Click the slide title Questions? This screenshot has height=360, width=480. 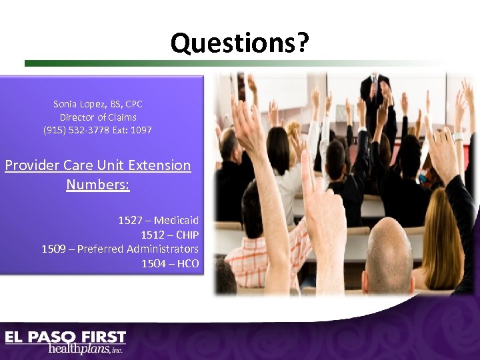click(x=240, y=43)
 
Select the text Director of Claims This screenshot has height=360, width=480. click(x=98, y=117)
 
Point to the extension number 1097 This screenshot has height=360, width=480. click(x=141, y=129)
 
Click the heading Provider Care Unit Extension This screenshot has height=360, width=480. click(x=98, y=165)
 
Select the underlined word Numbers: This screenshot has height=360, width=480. click(x=98, y=183)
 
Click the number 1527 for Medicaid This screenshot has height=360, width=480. click(x=130, y=220)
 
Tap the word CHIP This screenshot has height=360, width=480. click(x=186, y=235)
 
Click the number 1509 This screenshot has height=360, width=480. click(x=53, y=249)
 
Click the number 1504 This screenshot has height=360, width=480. click(x=153, y=263)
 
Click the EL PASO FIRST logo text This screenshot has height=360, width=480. click(x=65, y=337)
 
